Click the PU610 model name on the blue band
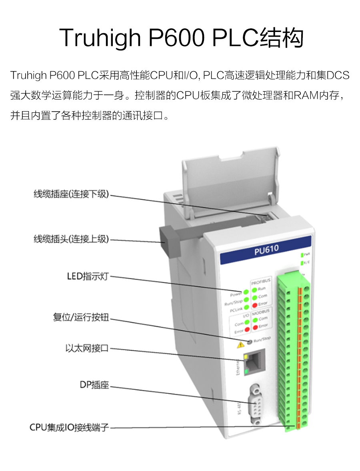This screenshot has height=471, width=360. pyautogui.click(x=266, y=249)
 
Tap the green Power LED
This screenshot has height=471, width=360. pyautogui.click(x=245, y=292)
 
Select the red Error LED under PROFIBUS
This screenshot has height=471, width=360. pyautogui.click(x=254, y=304)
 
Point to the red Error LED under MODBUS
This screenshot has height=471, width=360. pyautogui.click(x=255, y=326)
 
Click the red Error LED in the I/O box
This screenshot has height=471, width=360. pyautogui.click(x=247, y=329)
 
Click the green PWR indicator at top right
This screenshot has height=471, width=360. pyautogui.click(x=302, y=254)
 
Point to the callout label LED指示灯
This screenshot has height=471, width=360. pyautogui.click(x=88, y=276)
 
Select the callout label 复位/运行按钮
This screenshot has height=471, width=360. pyautogui.click(x=81, y=318)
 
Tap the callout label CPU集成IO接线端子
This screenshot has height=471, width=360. pyautogui.click(x=69, y=427)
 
